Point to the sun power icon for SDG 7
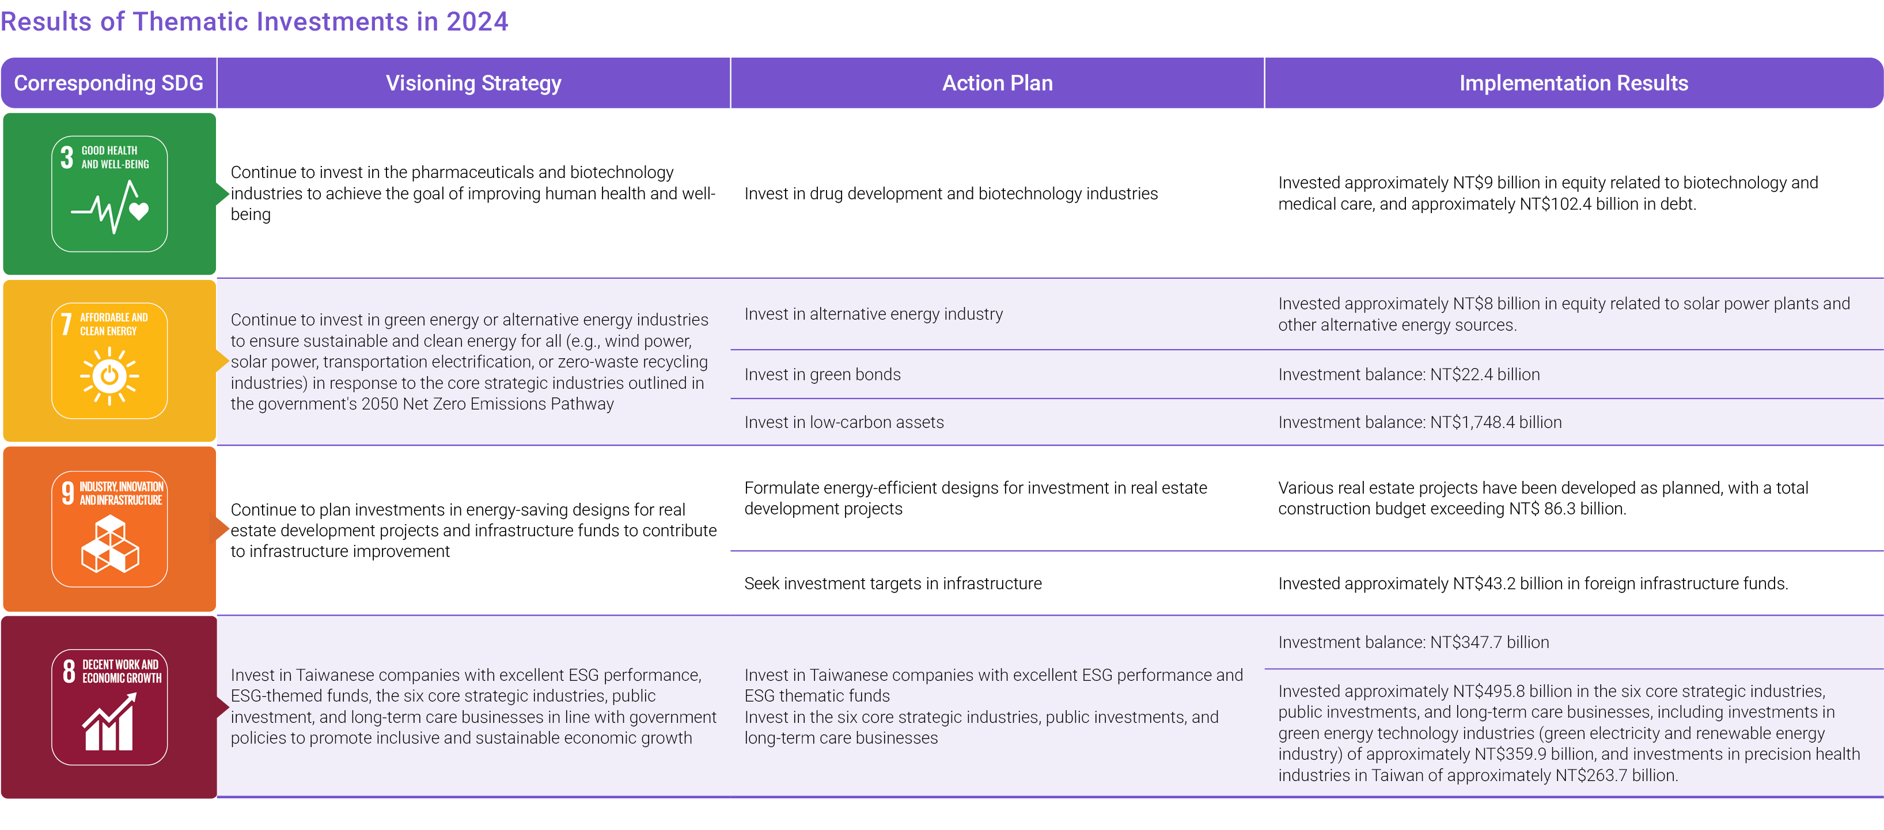pyautogui.click(x=109, y=376)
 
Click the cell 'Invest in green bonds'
pyautogui.click(x=822, y=374)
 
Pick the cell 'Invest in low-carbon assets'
pyautogui.click(x=844, y=422)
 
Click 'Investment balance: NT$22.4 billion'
pyautogui.click(x=1409, y=374)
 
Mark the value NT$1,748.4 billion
pyautogui.click(x=1496, y=422)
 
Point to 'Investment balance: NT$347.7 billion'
pyautogui.click(x=1413, y=642)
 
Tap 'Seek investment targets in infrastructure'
pyautogui.click(x=893, y=583)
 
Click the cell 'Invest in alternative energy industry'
pyautogui.click(x=873, y=314)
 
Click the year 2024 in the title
pyautogui.click(x=477, y=21)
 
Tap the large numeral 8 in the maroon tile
pyautogui.click(x=69, y=670)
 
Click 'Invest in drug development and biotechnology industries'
pyautogui.click(x=951, y=194)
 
